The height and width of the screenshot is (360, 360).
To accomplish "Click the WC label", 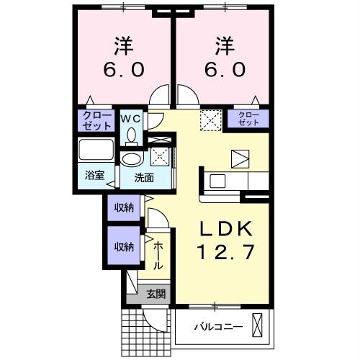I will pos(130,117).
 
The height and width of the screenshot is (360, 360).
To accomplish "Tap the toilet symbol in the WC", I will pos(130,135).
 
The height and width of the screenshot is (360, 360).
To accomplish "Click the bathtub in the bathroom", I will pos(95,152).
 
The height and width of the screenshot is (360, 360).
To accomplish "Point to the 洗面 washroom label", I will pos(142,178).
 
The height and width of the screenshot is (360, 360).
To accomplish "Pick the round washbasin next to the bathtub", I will pos(131,159).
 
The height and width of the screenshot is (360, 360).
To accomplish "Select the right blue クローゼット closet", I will pos(248,120).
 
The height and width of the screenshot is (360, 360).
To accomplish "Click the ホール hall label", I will pos(158,256).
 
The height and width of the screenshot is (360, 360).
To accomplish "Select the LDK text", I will pos(224,228).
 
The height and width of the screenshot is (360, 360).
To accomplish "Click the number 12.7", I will pos(224,253).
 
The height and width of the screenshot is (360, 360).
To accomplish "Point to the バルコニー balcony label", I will pos(217,328).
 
